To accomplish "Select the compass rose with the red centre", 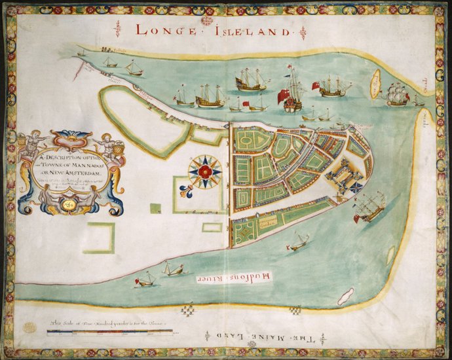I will point(204,171).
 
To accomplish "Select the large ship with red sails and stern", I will point(292,92).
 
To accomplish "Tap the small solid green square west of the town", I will point(155,208).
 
